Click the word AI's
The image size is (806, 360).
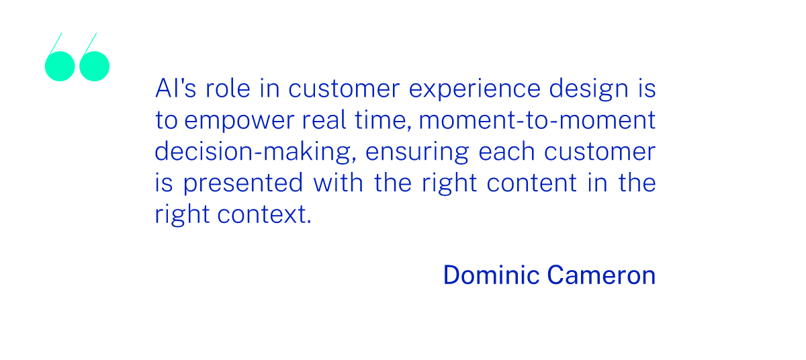click(x=175, y=88)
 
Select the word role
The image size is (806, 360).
click(x=228, y=88)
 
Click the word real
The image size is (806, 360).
click(x=324, y=120)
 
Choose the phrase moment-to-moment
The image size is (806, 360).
click(x=537, y=120)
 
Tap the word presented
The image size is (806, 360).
click(x=243, y=184)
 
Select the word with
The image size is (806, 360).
click(x=338, y=182)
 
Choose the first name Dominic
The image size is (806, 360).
click(x=491, y=275)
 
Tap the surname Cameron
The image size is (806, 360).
click(x=601, y=275)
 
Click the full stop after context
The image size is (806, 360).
click(x=309, y=222)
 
